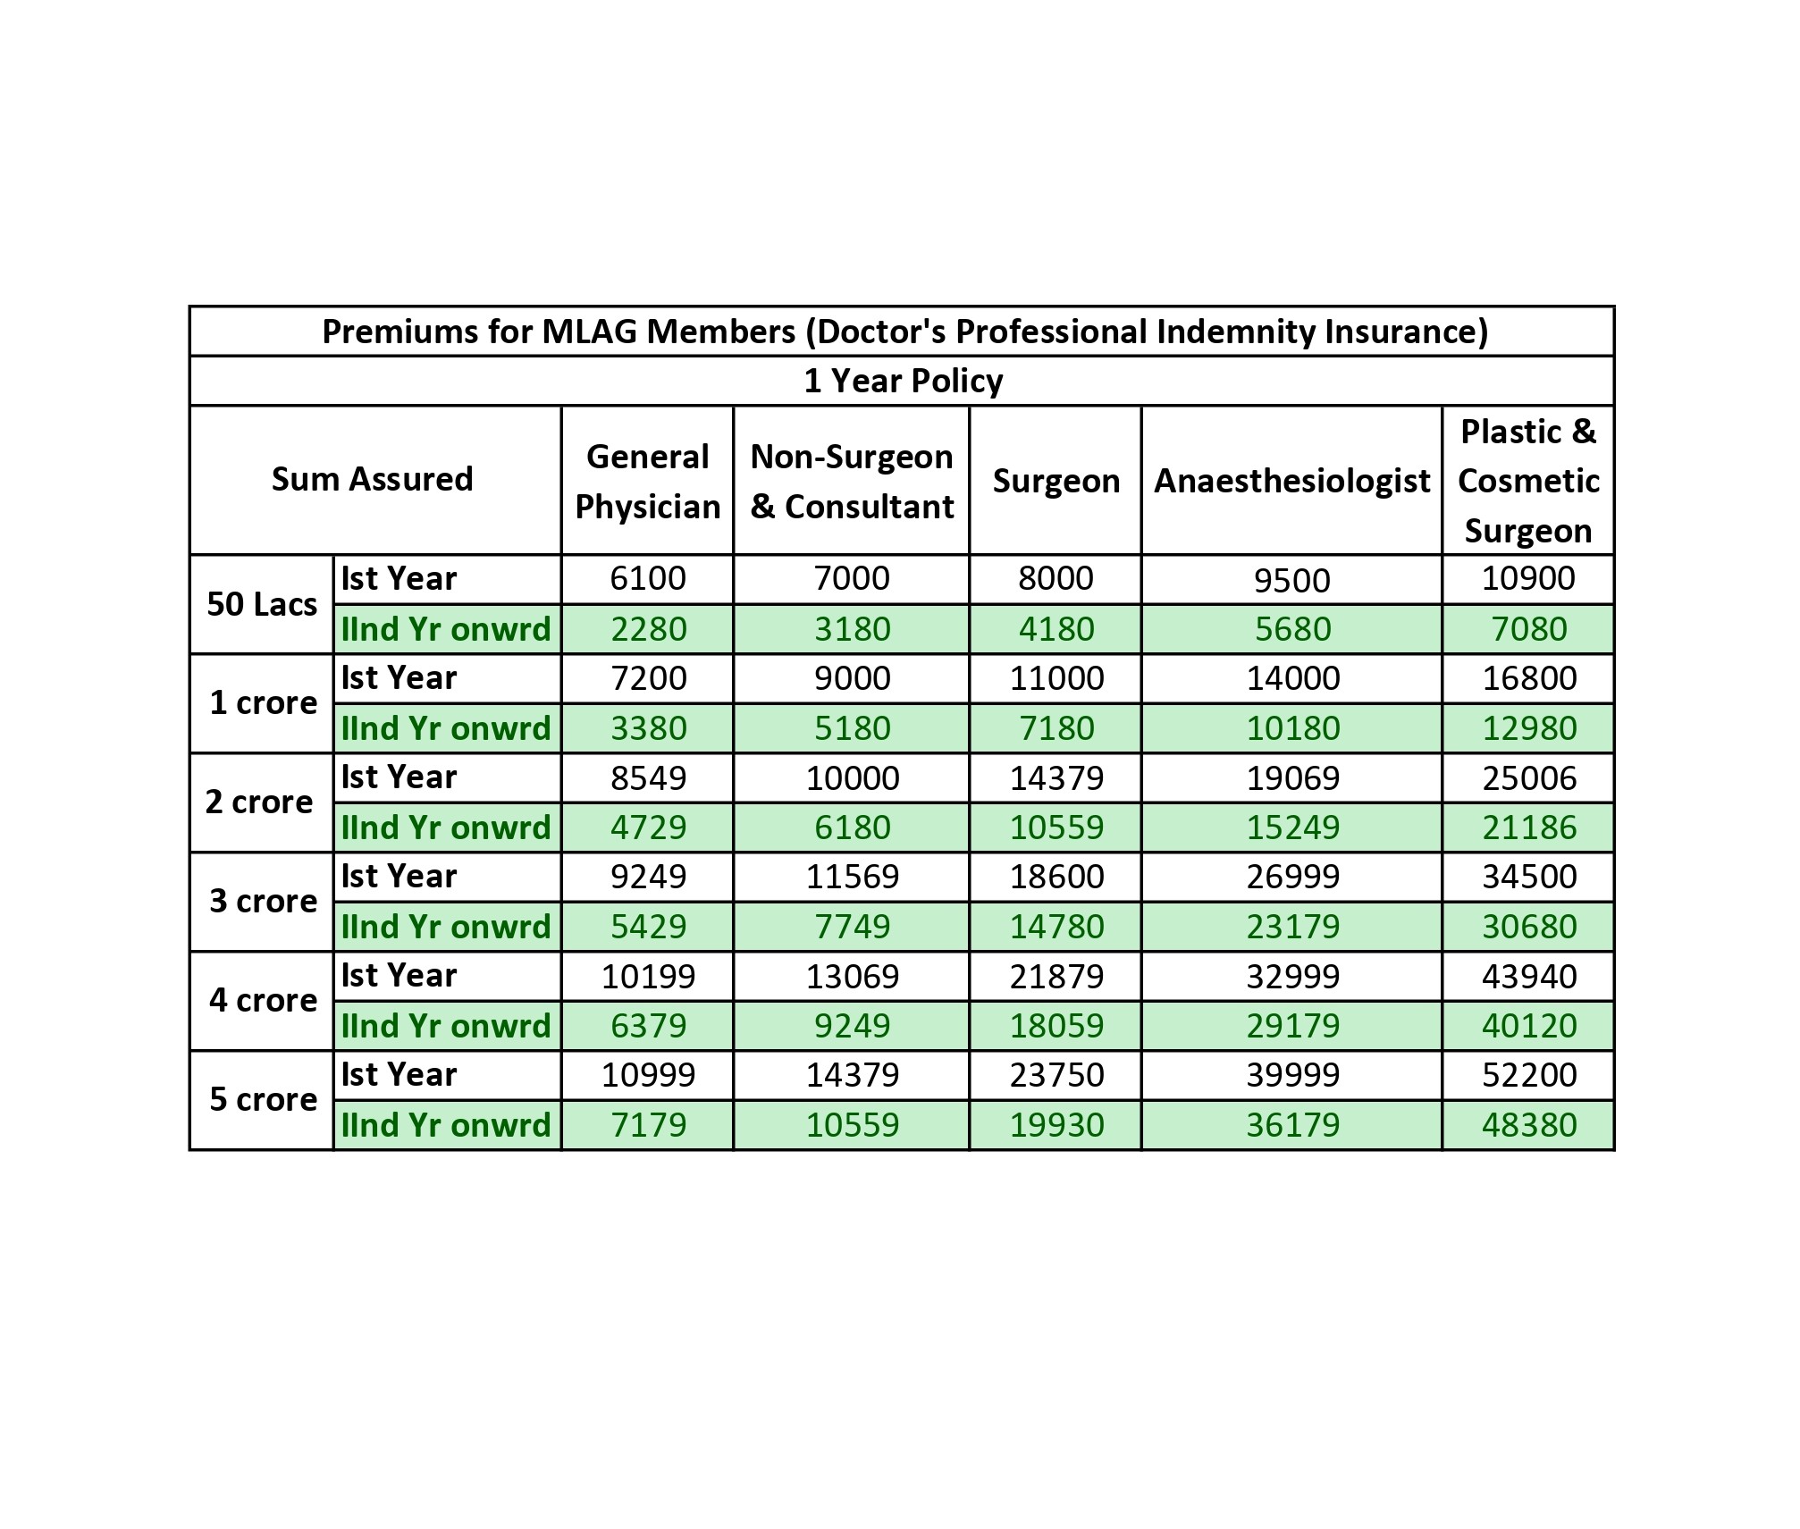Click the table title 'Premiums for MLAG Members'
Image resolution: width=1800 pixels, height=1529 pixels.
[904, 332]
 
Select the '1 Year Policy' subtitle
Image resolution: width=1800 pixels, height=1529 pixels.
[903, 381]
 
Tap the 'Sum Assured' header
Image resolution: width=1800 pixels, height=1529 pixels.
[373, 479]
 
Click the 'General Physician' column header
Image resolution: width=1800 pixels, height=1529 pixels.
[647, 481]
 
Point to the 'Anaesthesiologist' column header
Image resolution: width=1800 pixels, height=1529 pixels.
[1291, 481]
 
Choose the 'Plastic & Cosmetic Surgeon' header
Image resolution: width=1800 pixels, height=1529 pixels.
[1528, 481]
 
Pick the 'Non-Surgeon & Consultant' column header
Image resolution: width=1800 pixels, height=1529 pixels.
[852, 481]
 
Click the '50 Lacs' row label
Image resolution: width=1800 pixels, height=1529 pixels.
[262, 604]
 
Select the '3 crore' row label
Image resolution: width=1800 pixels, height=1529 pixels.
[263, 901]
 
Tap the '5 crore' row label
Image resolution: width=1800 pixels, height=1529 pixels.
[263, 1099]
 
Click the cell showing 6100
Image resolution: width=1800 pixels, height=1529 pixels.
[648, 579]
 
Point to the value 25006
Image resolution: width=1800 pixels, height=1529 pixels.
[1529, 777]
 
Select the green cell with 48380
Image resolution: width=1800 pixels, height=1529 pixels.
[1529, 1124]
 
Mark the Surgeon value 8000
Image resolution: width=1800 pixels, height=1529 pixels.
[1056, 579]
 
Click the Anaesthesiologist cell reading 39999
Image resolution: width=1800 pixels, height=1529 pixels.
[1292, 1074]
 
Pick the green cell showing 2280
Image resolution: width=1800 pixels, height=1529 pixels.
[648, 629]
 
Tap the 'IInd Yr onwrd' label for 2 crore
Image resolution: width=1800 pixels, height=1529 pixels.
[446, 828]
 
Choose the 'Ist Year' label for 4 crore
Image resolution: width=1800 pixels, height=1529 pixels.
[399, 975]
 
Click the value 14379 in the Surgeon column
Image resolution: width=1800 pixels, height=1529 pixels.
[1056, 777]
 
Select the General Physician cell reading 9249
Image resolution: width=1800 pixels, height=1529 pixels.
[648, 877]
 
